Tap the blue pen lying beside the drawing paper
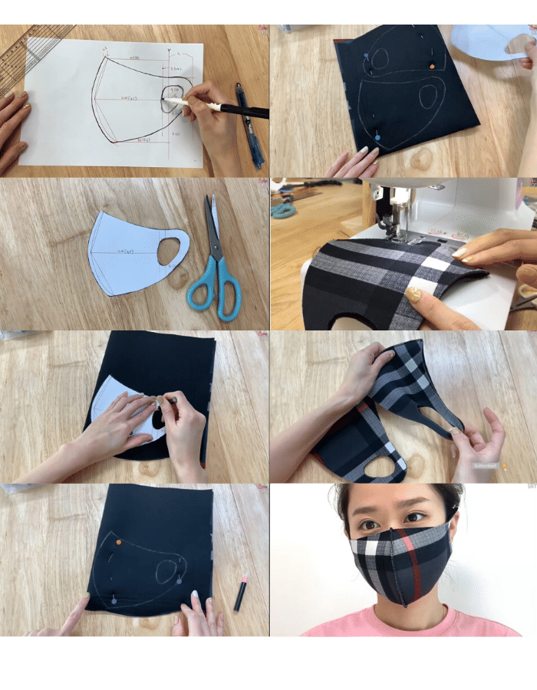(250, 127)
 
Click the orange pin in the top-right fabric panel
(432, 67)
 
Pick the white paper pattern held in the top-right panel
(491, 42)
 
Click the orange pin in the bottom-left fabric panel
(118, 543)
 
